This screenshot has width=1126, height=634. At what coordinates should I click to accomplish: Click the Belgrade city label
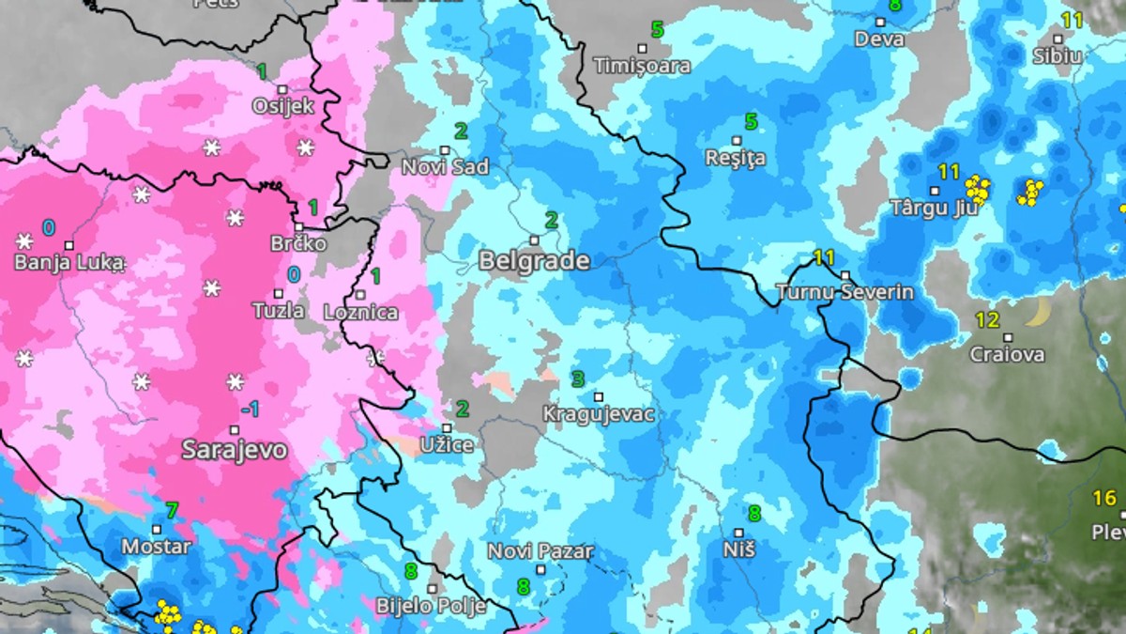tap(534, 261)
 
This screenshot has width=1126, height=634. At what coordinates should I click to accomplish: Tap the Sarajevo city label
tap(234, 449)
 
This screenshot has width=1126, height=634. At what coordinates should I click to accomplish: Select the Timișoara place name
tap(643, 66)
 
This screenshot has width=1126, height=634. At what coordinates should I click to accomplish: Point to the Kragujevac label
tap(599, 413)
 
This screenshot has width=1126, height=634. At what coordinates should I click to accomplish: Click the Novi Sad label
tap(445, 167)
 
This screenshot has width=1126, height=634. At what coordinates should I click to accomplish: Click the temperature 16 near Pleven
tap(1104, 498)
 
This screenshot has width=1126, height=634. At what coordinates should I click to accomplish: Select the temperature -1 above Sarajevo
tap(250, 409)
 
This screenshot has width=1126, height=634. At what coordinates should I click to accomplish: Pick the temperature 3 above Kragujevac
tap(578, 379)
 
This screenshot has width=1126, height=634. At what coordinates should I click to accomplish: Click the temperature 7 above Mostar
tap(171, 511)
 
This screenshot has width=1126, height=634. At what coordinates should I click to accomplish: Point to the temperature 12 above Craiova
tap(987, 320)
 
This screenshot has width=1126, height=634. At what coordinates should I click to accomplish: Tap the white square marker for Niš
tap(739, 533)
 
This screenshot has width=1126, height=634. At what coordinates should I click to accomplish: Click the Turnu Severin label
tap(844, 291)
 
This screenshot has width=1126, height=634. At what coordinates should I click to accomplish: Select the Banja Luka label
tap(68, 262)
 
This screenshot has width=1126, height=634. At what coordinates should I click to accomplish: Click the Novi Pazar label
tap(540, 551)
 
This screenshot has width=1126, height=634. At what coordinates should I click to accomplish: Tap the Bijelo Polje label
tap(431, 606)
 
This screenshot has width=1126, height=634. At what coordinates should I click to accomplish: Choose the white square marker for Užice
tap(448, 427)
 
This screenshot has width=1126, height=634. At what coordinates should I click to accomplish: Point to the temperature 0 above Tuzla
tap(294, 274)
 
